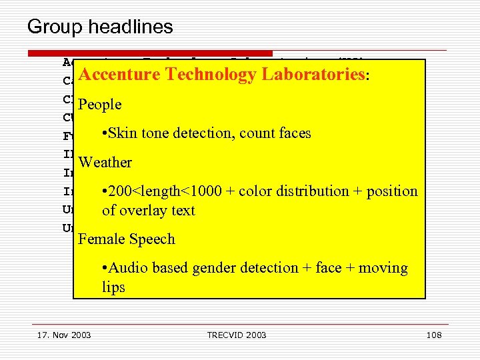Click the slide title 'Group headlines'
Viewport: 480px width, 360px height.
[x=100, y=27]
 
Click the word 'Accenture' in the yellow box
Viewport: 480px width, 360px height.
[x=119, y=75]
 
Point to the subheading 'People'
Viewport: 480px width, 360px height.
[x=100, y=105]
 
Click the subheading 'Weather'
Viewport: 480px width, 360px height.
[x=105, y=163]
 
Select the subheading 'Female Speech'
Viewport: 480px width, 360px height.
[x=127, y=239]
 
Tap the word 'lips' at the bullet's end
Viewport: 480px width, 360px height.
[x=113, y=287]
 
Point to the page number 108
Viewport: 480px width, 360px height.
[x=434, y=335]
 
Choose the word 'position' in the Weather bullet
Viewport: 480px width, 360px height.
[x=391, y=191]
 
